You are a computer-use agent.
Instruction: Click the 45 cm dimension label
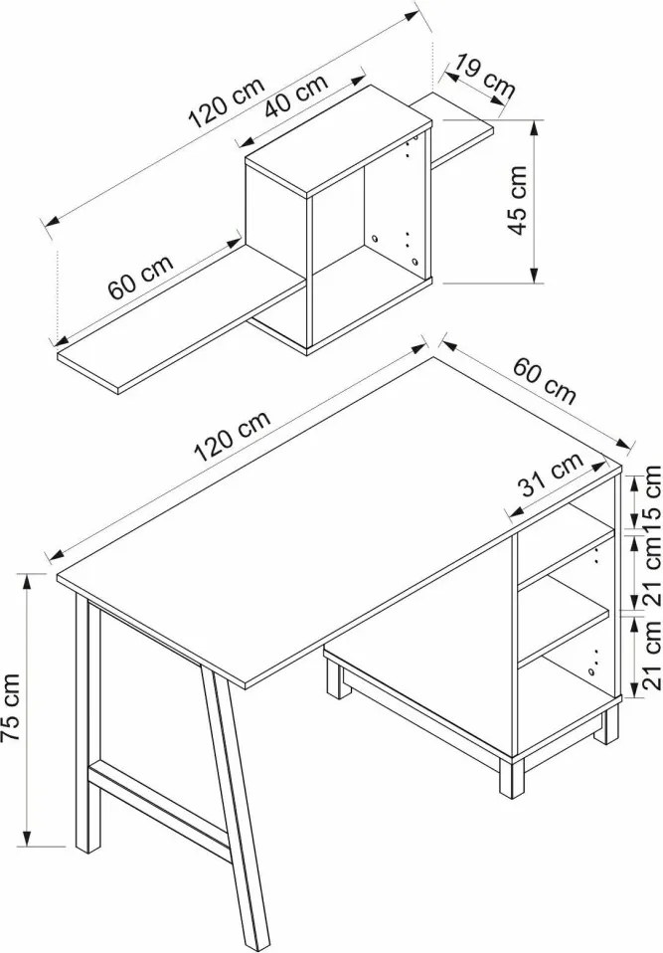pos(518,200)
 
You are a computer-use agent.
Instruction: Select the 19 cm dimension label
pos(485,76)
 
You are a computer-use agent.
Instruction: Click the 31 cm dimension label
pos(551,475)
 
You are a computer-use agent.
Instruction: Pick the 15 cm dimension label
pos(651,499)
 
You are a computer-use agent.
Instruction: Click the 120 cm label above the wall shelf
pos(227,103)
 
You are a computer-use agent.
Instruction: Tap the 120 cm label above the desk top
pos(232,436)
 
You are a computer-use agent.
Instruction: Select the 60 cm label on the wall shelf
pos(141,277)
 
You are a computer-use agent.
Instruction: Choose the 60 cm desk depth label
pos(544,380)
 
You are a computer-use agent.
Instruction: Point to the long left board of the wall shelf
pos(181,319)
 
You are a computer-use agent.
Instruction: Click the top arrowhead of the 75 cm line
pos(27,583)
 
